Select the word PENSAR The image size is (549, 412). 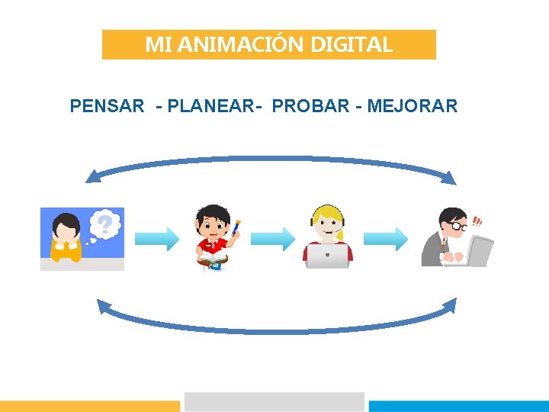pos(107,106)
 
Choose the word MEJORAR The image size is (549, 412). pos(412,106)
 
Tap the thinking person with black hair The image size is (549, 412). pos(67,237)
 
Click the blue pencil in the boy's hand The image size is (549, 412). pos(236,227)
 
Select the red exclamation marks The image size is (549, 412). pos(477,222)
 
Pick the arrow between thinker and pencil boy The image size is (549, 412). pos(156,239)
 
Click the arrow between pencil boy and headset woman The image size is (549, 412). pos(271,239)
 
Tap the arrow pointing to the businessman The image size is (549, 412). pos(386,239)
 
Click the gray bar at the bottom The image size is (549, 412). pos(274,402)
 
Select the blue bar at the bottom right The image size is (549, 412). pos(458,406)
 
